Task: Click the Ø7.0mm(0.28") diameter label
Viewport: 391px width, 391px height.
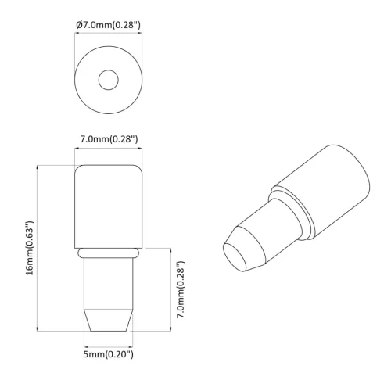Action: (x=109, y=26)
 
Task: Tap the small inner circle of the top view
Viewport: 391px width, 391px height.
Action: (x=109, y=79)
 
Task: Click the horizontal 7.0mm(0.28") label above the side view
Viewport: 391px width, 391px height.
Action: (x=109, y=139)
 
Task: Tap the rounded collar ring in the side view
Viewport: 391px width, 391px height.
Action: (x=109, y=253)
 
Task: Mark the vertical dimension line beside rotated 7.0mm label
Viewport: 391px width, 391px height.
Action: (x=168, y=290)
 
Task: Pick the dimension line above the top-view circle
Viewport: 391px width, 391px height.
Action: (x=109, y=35)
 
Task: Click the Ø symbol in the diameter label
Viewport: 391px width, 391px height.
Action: (x=80, y=26)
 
